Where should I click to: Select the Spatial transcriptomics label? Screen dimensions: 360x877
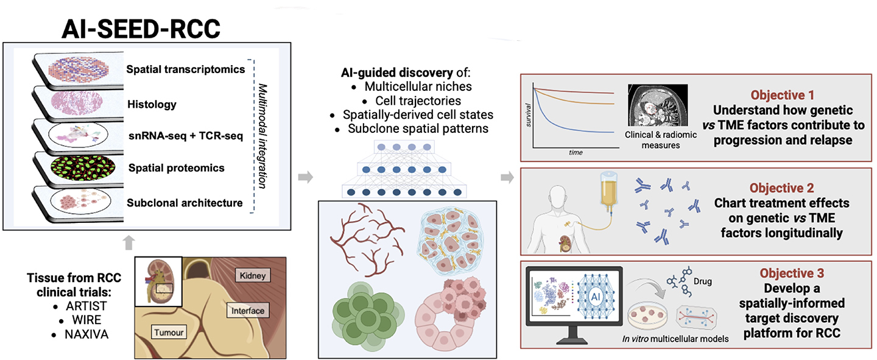pos(186,69)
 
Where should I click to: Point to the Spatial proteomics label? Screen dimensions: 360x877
pos(176,168)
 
